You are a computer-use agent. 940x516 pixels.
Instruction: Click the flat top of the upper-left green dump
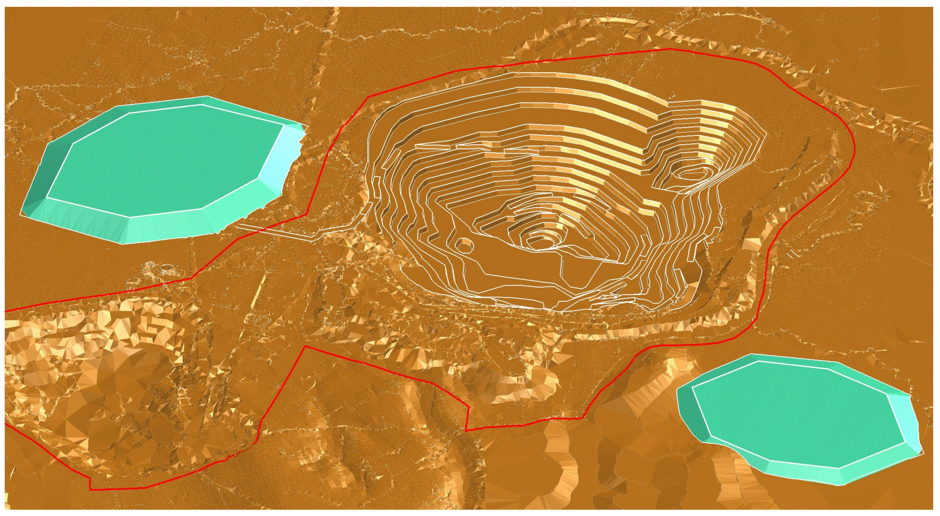(x=164, y=161)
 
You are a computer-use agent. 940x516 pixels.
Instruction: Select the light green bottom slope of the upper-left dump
(x=164, y=228)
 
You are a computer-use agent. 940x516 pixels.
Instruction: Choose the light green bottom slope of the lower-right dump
(x=803, y=475)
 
